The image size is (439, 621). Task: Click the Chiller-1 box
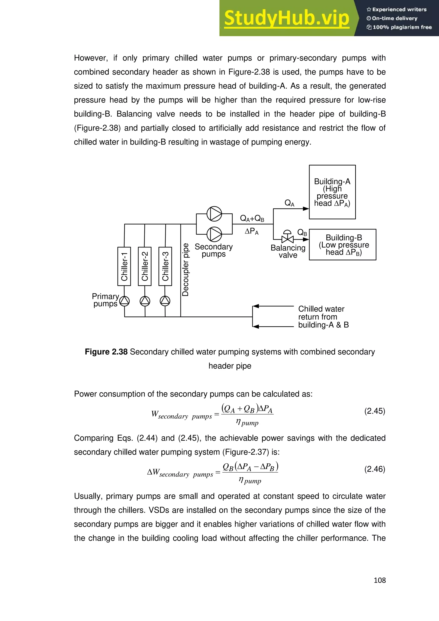124,266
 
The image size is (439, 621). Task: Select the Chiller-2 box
145,266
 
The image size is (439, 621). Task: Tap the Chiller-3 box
165,266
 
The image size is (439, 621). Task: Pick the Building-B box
343,244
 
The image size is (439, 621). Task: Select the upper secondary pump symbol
214,214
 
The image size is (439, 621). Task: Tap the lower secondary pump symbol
214,234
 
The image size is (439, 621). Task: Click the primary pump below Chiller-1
124,301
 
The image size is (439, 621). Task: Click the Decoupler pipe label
185,270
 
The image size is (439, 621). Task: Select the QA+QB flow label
252,218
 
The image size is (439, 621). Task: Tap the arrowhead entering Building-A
306,208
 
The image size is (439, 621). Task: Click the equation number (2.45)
374,411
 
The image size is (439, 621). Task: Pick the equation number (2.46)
374,469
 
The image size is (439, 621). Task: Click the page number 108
380,580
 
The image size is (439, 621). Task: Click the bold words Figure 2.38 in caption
106,352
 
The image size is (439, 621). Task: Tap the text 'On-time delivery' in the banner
394,18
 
